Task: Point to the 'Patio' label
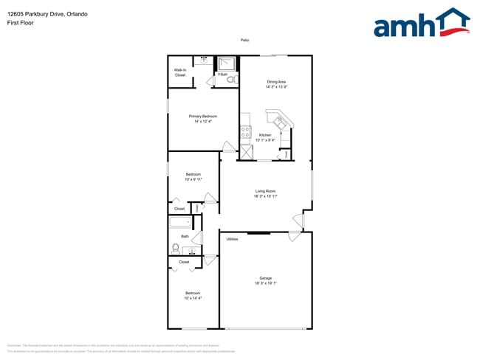[x=244, y=40]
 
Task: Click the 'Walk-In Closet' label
[x=180, y=73]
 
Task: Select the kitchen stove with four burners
[x=245, y=133]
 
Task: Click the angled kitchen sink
[x=278, y=119]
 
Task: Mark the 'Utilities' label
[x=232, y=239]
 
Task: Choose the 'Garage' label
[x=265, y=278]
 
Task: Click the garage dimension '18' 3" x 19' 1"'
[x=265, y=283]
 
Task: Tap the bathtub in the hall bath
[x=180, y=222]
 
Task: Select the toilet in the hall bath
[x=176, y=249]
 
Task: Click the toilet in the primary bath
[x=231, y=79]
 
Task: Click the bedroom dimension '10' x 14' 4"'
[x=192, y=298]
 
